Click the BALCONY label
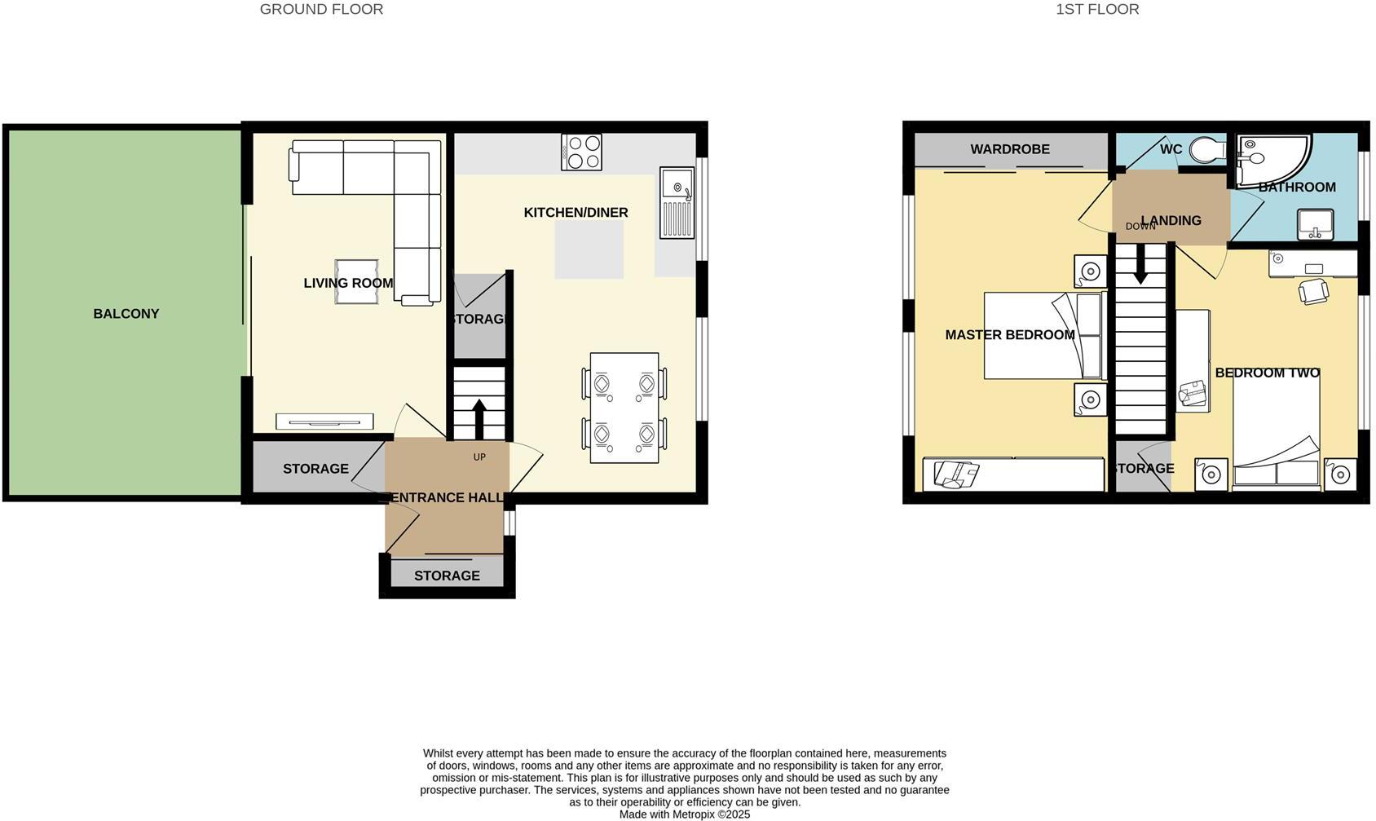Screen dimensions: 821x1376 (x=126, y=314)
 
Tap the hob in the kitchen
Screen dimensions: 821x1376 (x=581, y=152)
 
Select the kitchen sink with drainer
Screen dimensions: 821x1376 (x=677, y=203)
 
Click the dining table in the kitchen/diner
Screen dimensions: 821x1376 (x=624, y=408)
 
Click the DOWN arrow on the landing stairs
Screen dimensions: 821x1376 (x=1140, y=264)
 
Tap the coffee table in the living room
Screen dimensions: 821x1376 (x=356, y=281)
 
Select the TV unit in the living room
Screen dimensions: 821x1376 (x=324, y=422)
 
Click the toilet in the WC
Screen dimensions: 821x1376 (x=1206, y=150)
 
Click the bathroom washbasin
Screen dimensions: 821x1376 (x=1315, y=224)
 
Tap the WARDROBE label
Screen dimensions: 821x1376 (x=1010, y=149)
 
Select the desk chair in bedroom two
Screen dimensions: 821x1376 (x=1313, y=291)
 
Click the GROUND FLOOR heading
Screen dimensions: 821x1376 (x=321, y=10)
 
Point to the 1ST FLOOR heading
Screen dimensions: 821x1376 (x=1097, y=10)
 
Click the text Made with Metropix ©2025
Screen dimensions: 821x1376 (x=684, y=814)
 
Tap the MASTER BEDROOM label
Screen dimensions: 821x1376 (x=1009, y=335)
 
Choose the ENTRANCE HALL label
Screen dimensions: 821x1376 (x=446, y=497)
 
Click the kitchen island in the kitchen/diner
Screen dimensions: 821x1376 (x=589, y=249)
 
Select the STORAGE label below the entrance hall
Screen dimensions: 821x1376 (x=447, y=576)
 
